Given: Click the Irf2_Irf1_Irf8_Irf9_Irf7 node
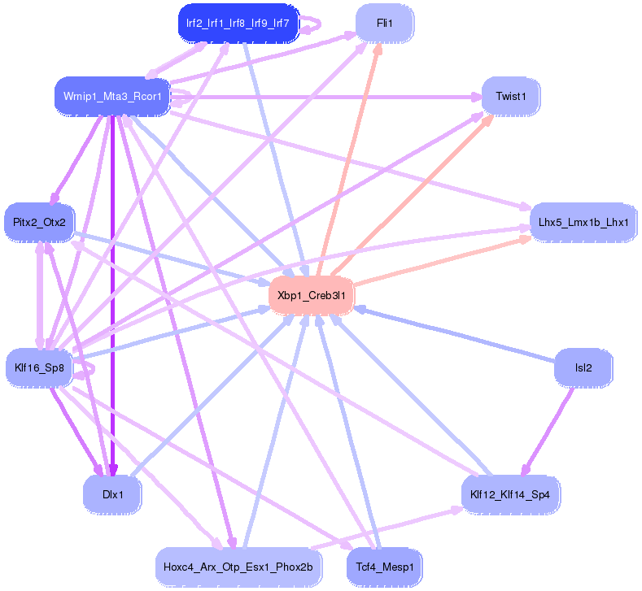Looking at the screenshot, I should coord(238,24).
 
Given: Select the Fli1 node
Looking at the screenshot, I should coord(385,24).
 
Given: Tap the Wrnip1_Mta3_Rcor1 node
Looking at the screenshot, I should coord(112,98).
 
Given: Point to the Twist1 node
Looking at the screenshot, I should coord(511,97).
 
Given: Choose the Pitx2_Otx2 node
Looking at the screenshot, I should coord(39,222).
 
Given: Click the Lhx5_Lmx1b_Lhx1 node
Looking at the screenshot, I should coord(573,222).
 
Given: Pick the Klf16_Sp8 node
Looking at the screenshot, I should coord(39,367).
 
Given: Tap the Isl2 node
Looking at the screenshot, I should coord(583,367).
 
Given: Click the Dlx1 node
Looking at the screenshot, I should coord(112,493).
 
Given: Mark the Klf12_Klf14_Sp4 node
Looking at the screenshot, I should coord(511,493).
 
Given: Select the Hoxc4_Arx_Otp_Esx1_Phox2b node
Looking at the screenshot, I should coord(238,567).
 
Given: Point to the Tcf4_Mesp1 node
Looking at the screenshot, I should coord(385,567).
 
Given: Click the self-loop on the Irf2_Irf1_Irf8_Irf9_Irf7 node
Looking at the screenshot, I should coord(313,24).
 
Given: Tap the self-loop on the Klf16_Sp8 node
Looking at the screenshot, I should coord(88,370).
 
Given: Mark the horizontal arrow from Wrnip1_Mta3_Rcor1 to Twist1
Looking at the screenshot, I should coord(325,98).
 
